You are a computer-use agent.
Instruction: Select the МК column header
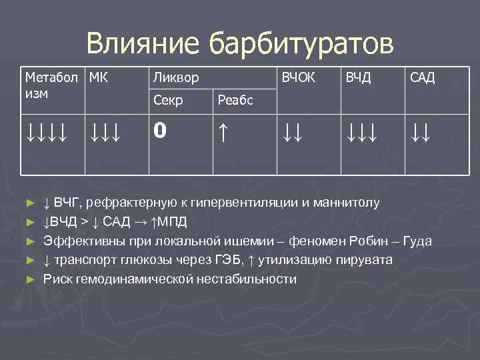coord(99,77)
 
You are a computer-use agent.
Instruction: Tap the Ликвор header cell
coord(175,78)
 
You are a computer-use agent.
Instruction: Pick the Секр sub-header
coord(168,100)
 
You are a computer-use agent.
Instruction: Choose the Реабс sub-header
coord(235,100)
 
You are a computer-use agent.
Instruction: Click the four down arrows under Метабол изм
coord(45,131)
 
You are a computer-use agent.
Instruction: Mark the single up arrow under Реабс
coord(223,131)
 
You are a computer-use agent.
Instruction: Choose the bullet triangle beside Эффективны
coord(29,241)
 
